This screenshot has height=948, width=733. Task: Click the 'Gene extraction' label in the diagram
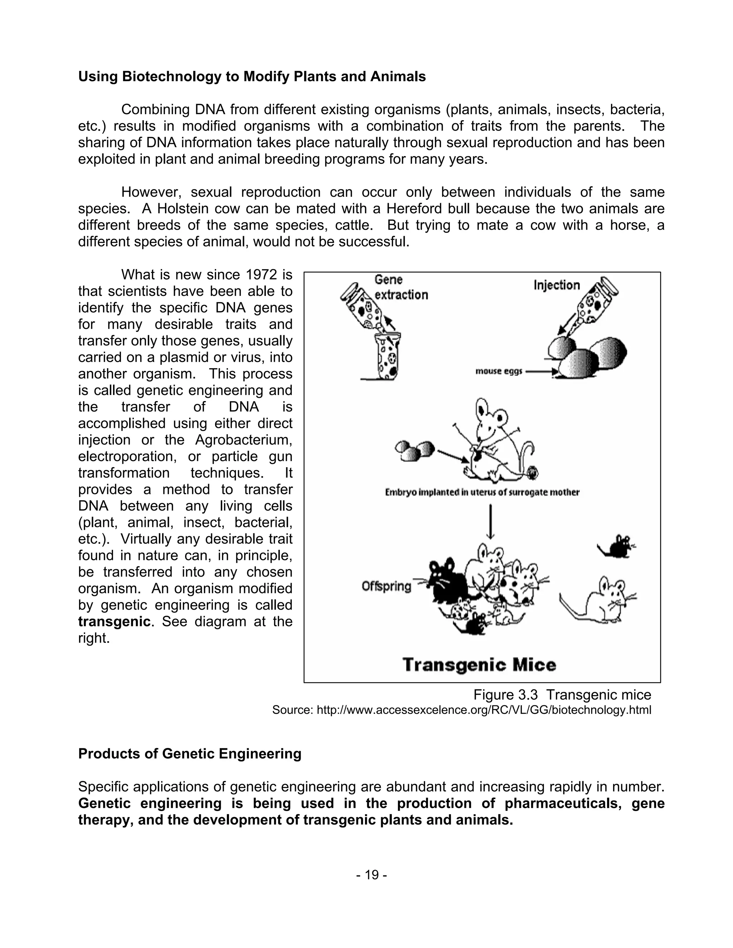(x=401, y=287)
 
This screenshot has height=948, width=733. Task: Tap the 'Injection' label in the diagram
(x=556, y=285)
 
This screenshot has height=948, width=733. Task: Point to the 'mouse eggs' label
(x=499, y=372)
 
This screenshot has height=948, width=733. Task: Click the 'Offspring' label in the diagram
(x=386, y=586)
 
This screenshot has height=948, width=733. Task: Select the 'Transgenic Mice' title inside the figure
(x=479, y=665)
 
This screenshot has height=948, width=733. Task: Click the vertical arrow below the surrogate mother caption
(x=491, y=521)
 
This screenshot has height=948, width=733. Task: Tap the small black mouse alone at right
(x=617, y=547)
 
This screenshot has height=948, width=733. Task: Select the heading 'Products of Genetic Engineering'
(x=189, y=753)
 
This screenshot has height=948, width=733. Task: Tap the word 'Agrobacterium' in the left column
(x=243, y=440)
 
